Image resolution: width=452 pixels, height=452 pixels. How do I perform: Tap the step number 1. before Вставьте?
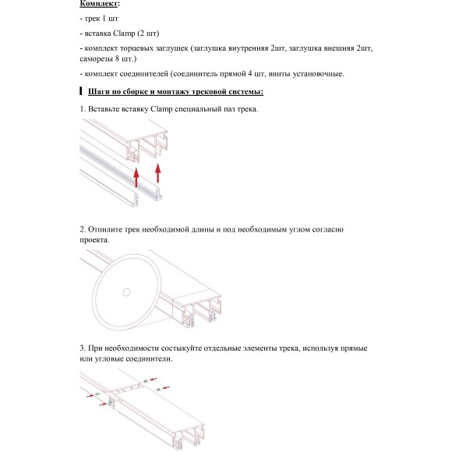(83, 108)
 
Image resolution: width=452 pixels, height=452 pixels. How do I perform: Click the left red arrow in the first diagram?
(136, 179)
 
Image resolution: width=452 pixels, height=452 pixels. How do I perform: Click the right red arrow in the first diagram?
(158, 173)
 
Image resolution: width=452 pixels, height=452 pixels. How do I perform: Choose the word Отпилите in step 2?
(108, 230)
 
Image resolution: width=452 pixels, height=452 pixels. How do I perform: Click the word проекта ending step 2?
(94, 240)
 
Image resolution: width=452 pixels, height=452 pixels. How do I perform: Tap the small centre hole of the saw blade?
(125, 292)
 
